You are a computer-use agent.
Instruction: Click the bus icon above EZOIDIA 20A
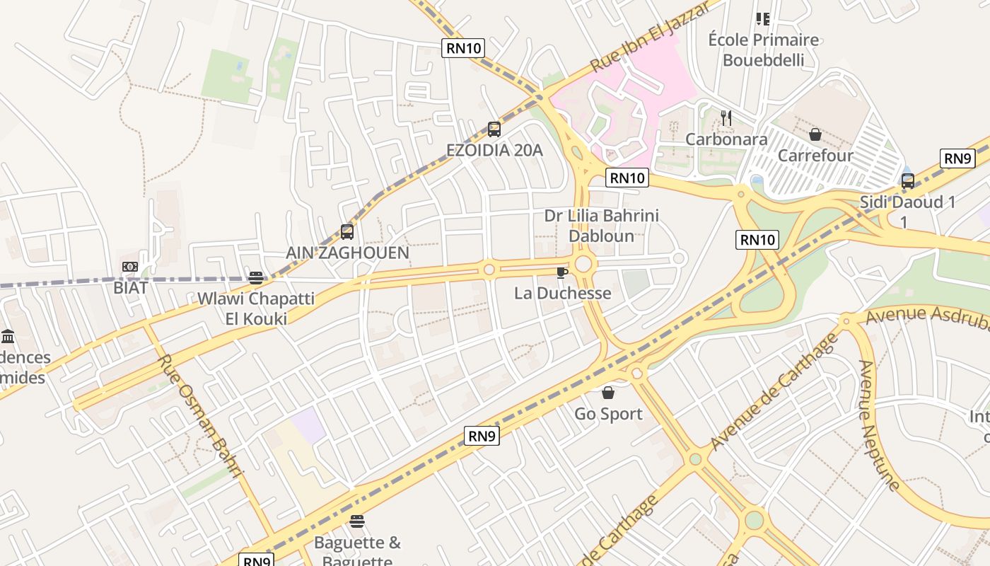click(x=494, y=129)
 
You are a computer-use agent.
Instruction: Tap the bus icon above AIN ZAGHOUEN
click(x=347, y=231)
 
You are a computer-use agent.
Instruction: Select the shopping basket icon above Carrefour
click(x=815, y=134)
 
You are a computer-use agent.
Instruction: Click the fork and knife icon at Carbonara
click(x=726, y=117)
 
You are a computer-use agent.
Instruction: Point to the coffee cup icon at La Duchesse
click(x=562, y=272)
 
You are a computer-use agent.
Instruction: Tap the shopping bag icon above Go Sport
click(x=608, y=393)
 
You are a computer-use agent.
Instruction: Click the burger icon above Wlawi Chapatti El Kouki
click(x=256, y=278)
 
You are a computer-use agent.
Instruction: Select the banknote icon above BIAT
click(x=130, y=267)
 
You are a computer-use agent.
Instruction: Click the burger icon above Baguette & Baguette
click(x=357, y=522)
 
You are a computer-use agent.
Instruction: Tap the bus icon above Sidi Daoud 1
click(x=908, y=181)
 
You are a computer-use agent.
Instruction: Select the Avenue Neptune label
click(x=879, y=424)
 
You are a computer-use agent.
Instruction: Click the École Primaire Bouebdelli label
click(x=763, y=50)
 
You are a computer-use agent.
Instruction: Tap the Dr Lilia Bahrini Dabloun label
click(x=601, y=225)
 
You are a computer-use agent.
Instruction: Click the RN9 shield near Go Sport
click(x=482, y=436)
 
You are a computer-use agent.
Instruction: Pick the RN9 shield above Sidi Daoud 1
click(x=957, y=158)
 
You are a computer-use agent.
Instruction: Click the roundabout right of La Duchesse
click(x=583, y=265)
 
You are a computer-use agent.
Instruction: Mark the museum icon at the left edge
click(x=8, y=335)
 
